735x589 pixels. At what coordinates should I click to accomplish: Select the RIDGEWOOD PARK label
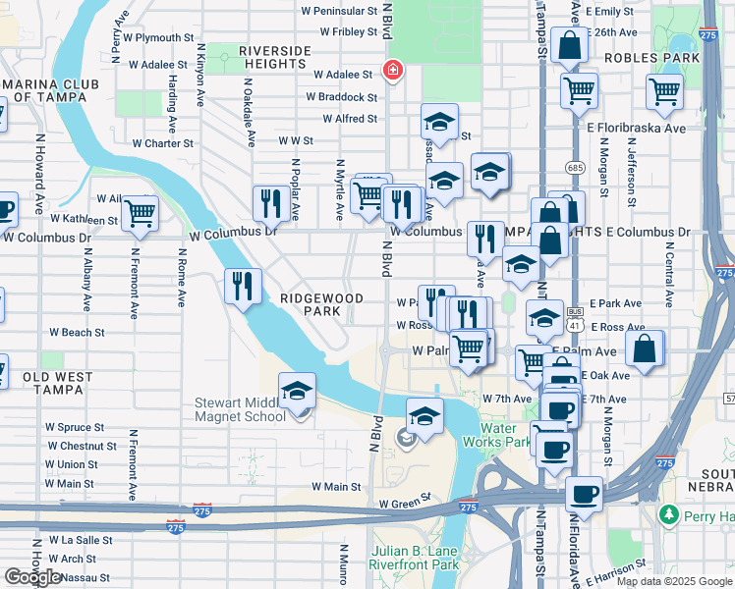pyautogui.click(x=321, y=304)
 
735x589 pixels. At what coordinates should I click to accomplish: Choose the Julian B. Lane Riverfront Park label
pyautogui.click(x=414, y=557)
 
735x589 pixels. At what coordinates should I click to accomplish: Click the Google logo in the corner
pyautogui.click(x=32, y=576)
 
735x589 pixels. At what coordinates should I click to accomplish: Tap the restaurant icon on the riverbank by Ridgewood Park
pyautogui.click(x=243, y=286)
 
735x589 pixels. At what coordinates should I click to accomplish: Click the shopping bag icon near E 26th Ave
pyautogui.click(x=570, y=45)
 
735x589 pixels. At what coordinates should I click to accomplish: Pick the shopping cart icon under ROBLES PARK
pyautogui.click(x=665, y=92)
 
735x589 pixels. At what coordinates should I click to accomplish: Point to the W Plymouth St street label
pyautogui.click(x=150, y=37)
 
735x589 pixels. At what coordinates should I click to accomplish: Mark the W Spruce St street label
pyautogui.click(x=75, y=428)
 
